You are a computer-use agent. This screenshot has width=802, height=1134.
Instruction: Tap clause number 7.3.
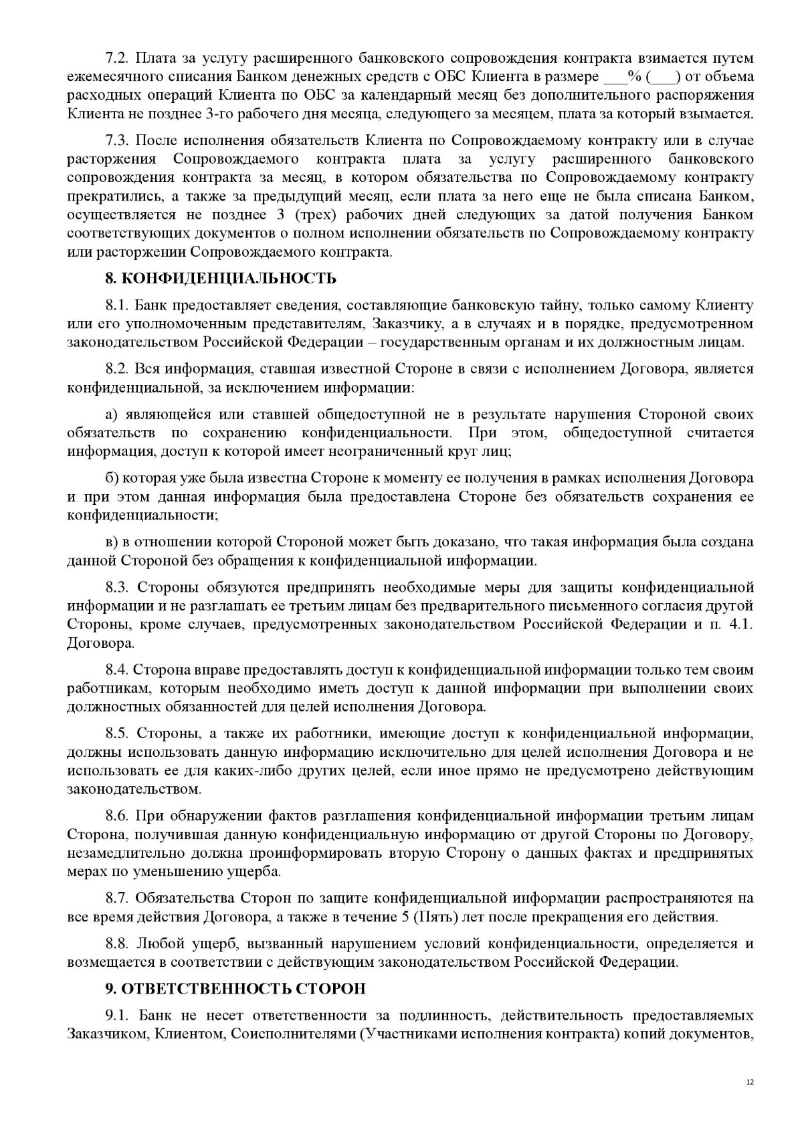coord(119,141)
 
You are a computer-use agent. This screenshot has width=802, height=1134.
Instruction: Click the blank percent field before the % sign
coord(615,78)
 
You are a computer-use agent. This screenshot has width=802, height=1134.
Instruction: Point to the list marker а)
coord(112,415)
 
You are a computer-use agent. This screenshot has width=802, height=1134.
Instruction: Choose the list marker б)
coord(112,479)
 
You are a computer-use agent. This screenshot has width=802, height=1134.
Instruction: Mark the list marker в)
coord(112,542)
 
